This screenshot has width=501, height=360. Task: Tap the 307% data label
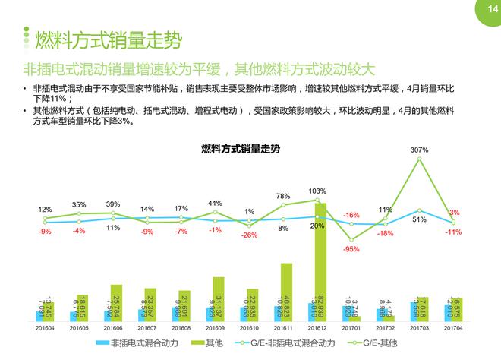[x=419, y=150]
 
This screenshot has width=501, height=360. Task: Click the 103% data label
[x=318, y=191]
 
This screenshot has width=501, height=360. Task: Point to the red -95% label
[x=351, y=248]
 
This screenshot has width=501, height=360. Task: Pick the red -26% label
[x=250, y=235]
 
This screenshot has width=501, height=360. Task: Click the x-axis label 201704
[x=454, y=329]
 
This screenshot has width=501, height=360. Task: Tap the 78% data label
[x=283, y=196]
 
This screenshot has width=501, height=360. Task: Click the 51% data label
[x=418, y=219]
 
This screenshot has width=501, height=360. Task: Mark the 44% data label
[x=215, y=203]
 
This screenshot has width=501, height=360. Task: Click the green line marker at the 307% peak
[x=419, y=159]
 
